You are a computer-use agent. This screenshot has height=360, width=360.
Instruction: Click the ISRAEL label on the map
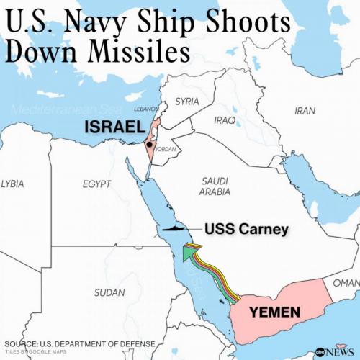coord(114,127)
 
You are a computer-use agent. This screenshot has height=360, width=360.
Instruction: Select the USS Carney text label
coord(246,230)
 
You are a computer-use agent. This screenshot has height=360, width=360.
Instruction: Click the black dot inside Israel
coord(148,144)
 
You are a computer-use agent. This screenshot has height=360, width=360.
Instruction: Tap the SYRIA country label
coord(188,101)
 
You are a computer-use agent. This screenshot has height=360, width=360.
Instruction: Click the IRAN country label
coord(305,110)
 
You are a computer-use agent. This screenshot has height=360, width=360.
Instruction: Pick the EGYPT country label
coord(96,185)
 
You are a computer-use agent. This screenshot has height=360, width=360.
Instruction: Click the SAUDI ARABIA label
coord(215,186)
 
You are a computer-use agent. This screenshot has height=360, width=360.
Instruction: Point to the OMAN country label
coord(346,282)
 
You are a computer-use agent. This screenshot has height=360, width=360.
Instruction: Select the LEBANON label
coord(146,109)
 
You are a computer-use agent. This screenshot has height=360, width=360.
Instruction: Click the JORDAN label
coord(166,150)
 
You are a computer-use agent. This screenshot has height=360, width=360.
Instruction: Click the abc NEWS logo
coord(335,351)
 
